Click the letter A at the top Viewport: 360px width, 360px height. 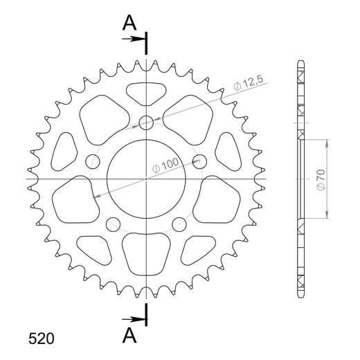point(129,23)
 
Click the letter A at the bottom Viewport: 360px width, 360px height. point(129,335)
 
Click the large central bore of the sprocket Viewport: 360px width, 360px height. point(146,179)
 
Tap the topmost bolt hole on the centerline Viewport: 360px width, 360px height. point(146,123)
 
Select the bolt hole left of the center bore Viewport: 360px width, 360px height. point(93,162)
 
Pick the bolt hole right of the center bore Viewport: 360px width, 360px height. point(199,162)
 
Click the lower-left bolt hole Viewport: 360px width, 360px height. point(113,224)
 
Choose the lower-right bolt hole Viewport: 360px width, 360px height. point(179,224)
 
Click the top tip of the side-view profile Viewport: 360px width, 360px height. point(300,64)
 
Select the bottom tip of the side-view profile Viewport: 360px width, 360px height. point(300,294)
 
